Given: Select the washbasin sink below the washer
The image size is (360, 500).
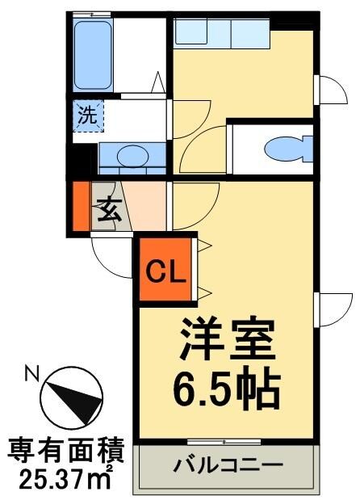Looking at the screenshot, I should tap(128, 155).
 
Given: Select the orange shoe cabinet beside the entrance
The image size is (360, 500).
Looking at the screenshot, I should tap(80, 208).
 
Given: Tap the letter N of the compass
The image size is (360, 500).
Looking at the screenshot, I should tap(31, 373).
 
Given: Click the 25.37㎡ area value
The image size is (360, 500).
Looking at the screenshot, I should tap(65, 480).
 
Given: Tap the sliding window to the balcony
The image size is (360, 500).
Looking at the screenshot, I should tap(224, 441).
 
